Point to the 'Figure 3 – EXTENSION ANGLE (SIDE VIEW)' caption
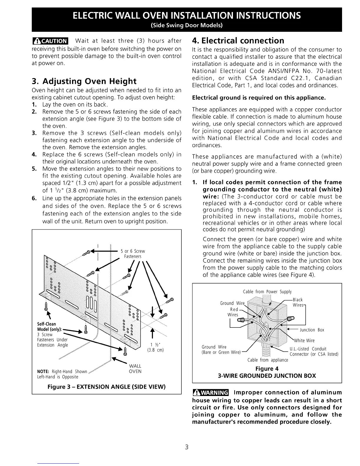click(x=106, y=386)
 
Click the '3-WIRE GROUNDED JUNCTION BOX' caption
click(x=267, y=376)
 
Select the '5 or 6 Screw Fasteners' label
click(x=133, y=254)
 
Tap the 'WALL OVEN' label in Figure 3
click(x=135, y=369)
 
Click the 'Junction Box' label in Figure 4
click(x=312, y=330)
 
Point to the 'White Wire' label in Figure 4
click(x=304, y=340)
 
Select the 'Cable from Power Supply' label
click(x=267, y=292)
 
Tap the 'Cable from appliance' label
click(x=268, y=360)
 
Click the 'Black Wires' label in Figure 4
click(x=298, y=302)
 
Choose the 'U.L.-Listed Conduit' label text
click(x=308, y=349)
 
